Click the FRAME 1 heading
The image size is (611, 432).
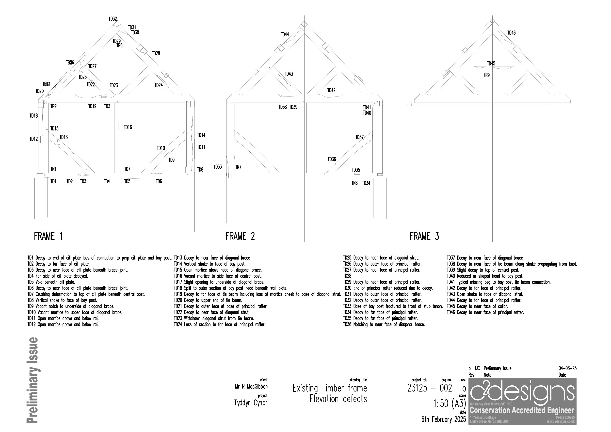48,236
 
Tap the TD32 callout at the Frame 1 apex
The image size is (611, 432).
113,19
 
